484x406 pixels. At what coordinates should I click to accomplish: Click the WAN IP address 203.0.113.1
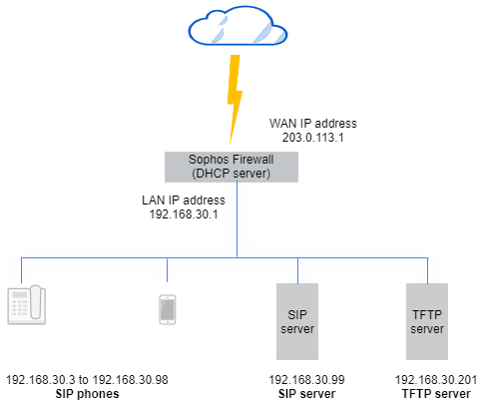click(x=312, y=139)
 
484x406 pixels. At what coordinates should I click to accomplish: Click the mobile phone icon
click(x=168, y=310)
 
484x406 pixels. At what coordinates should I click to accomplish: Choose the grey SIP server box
click(x=297, y=321)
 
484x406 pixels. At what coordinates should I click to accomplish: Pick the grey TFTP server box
click(x=427, y=321)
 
